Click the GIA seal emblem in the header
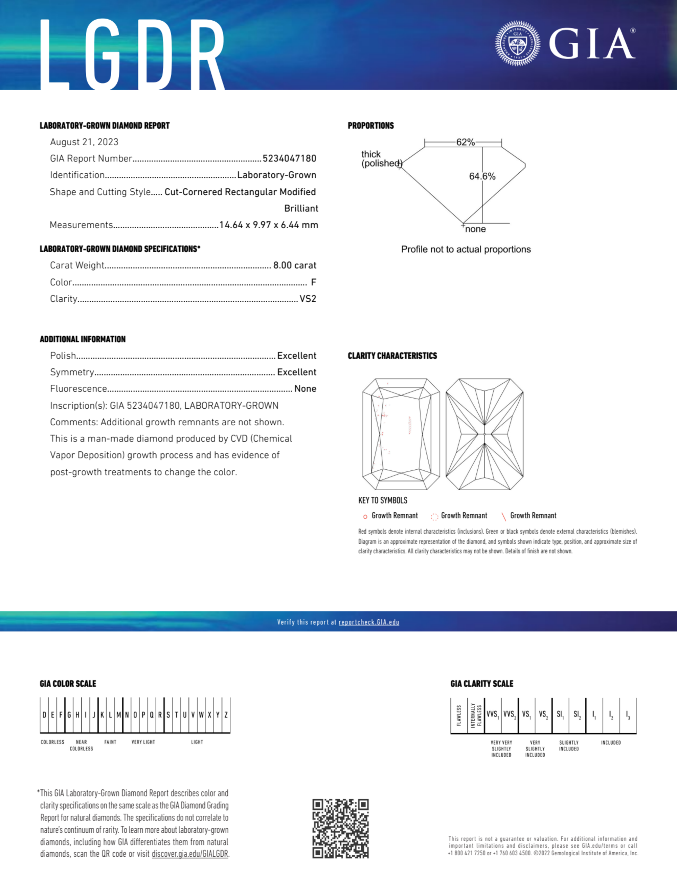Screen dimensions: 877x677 (517, 43)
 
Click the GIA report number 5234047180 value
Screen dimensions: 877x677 (289, 158)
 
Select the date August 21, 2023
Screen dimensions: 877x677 (84, 142)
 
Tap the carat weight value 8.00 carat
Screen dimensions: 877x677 (295, 265)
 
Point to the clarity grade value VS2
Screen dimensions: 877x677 (308, 299)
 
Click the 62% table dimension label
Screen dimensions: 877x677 (465, 142)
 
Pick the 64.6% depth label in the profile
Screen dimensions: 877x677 (482, 176)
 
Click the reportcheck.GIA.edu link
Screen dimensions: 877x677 (369, 622)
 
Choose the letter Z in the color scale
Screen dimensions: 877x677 (226, 715)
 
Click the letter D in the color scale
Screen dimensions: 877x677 (44, 715)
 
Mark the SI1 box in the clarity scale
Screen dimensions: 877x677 (560, 715)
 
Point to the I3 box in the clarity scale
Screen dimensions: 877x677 (628, 715)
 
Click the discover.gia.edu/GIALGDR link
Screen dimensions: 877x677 (189, 854)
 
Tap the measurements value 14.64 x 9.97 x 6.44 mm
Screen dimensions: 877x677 (269, 225)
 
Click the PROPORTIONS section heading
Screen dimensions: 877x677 (370, 126)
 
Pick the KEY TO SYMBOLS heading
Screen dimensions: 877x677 (382, 500)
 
